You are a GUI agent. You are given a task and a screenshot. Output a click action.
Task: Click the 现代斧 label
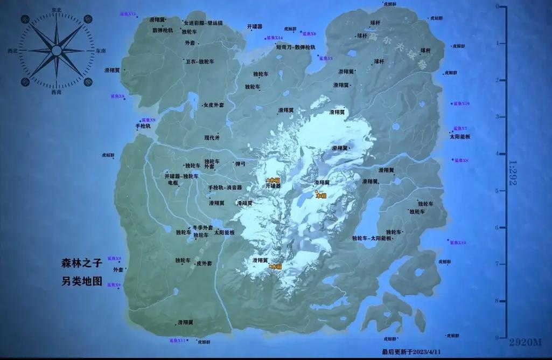pos(212,137)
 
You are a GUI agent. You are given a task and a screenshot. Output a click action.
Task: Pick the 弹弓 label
pos(240,163)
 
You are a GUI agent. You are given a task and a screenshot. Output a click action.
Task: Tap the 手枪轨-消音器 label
pos(225,188)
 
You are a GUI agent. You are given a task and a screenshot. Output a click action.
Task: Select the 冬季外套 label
pos(202,227)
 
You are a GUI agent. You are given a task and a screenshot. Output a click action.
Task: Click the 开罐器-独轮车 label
pos(181,176)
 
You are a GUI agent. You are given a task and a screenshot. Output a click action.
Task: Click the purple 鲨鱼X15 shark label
pos(128,13)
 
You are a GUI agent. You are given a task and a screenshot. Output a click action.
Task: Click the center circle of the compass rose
pos(56,51)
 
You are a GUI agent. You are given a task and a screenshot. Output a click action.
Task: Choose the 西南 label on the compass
pos(56,92)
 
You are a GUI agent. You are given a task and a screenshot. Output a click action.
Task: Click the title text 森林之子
pos(81,264)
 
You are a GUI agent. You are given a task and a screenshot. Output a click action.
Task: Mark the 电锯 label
pos(173,183)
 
